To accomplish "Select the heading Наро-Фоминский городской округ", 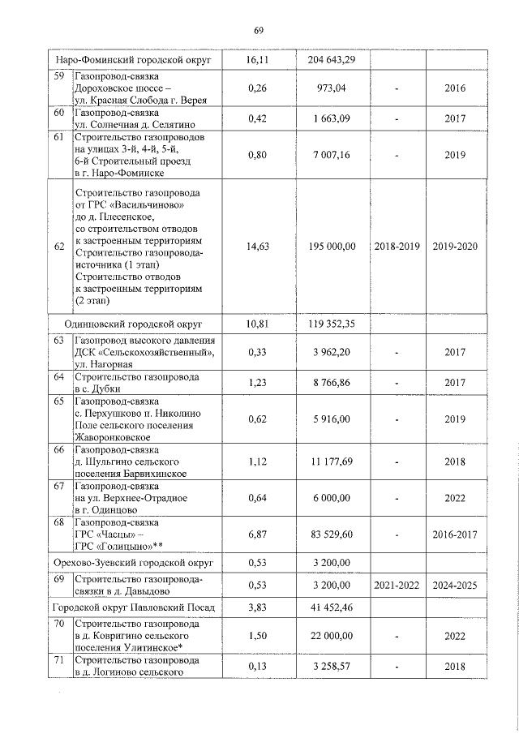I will pos(133,60).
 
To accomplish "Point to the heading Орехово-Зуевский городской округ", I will pos(132,562).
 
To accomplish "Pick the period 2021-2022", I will pos(397,584).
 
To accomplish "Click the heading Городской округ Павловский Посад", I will pos(132,607).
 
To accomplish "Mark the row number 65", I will pos(58,401).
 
